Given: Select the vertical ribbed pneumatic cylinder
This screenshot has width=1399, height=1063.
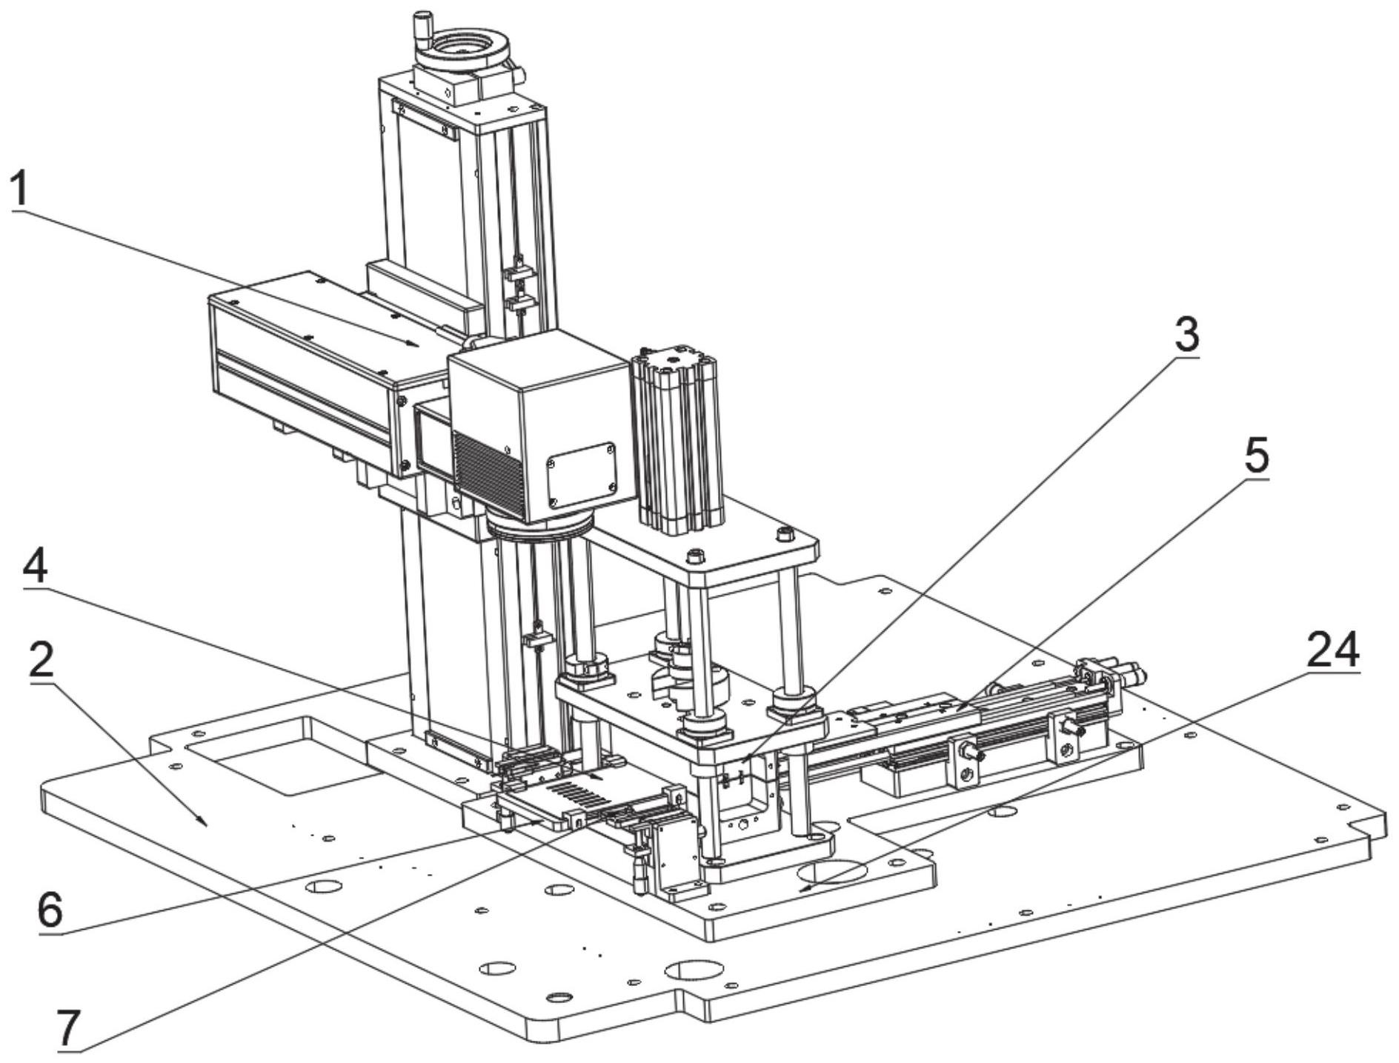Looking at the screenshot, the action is point(677,439).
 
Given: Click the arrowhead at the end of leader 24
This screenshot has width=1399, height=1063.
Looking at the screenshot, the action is point(808,884).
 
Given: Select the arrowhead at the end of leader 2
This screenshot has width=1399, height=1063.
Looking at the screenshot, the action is point(203,822).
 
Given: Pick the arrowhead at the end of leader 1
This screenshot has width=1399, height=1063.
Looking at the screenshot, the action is point(413,343).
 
